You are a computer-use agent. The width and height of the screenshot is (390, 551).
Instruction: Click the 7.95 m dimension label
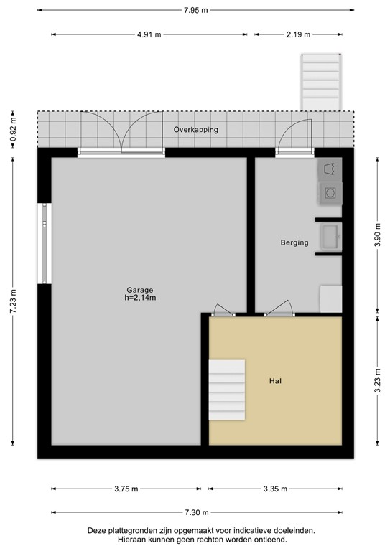[195, 10]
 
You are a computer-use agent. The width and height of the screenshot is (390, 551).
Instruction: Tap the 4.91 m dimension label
[150, 34]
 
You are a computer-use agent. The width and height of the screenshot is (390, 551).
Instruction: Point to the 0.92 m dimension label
[13, 130]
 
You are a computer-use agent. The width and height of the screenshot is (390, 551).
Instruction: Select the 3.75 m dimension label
[127, 489]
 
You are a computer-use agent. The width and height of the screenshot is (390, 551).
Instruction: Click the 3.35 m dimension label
[274, 489]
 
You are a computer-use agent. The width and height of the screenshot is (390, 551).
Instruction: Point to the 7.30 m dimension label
[196, 512]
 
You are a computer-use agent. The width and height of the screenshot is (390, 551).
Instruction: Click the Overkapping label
[195, 130]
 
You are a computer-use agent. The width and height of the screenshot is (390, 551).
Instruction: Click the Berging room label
[294, 242]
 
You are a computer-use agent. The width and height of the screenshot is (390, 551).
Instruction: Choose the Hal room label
[275, 381]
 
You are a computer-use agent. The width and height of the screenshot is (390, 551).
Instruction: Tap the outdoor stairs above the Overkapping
[320, 83]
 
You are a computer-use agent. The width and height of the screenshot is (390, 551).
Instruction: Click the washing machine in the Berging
[330, 192]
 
